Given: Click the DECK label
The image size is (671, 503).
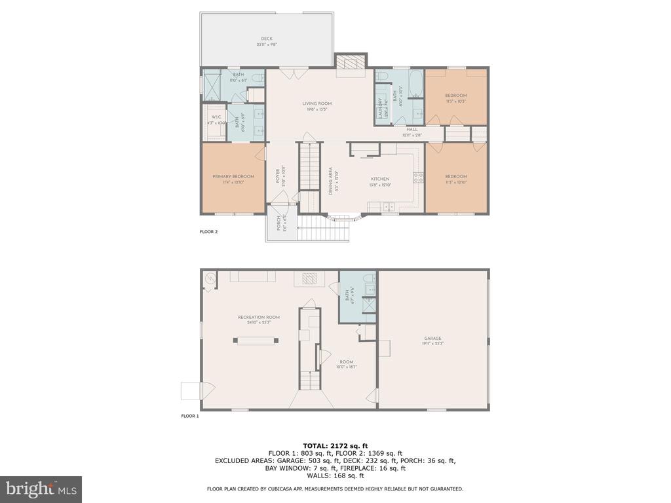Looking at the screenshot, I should pos(267,39).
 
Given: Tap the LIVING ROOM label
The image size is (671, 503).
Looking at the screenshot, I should pos(316,103).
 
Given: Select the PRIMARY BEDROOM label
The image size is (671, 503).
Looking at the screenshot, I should pos(233,177).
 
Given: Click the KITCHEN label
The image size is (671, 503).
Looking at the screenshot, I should pos(380,179).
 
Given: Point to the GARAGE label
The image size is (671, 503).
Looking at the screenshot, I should pos(432,339).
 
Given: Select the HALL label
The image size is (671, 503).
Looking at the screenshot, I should pos(412,130).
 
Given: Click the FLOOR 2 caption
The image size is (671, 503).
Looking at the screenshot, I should pos(208,232).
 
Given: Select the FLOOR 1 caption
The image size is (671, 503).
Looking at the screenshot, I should pos(190,416).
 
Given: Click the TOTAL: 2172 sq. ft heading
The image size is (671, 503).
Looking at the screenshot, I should pos(335,445).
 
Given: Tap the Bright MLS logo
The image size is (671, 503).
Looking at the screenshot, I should pos(41,489).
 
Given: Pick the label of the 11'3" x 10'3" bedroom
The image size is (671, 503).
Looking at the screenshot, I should pos(456,96).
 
